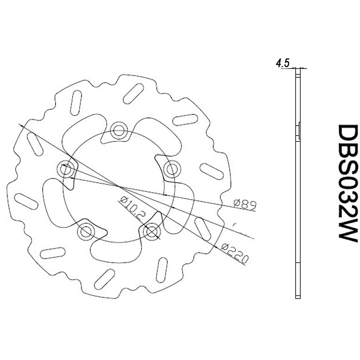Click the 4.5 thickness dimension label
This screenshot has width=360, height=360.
click(x=282, y=64)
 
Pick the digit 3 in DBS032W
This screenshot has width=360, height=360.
click(x=348, y=197)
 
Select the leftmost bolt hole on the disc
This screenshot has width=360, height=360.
click(x=66, y=169)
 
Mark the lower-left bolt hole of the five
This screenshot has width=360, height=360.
click(x=86, y=231)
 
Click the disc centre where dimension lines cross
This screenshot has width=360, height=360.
click(x=120, y=186)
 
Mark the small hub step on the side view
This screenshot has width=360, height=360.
click(x=299, y=130)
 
